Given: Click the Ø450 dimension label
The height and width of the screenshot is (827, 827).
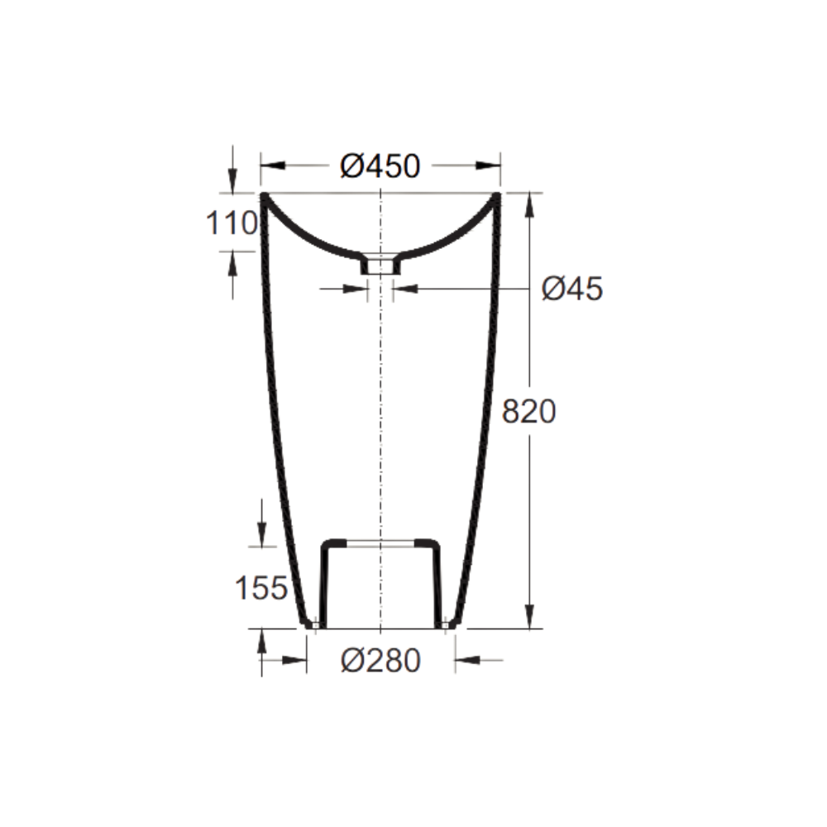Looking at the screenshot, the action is pos(380,166).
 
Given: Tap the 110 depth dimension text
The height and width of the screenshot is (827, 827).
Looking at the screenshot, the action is pos(231,222).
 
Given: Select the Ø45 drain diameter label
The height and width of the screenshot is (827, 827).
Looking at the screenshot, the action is pos(572,289).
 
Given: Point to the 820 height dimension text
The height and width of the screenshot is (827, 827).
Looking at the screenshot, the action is pos(528,411).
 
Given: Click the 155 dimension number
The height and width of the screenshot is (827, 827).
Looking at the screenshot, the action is pos(261,587).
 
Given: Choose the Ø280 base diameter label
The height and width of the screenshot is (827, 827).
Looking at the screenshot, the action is pos(380,660).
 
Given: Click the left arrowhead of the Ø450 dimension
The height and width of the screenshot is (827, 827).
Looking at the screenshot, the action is pos(273,165).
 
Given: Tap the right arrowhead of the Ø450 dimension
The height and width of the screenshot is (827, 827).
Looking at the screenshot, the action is pos(488,165).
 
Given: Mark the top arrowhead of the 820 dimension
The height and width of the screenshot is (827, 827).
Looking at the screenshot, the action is pos(530,206).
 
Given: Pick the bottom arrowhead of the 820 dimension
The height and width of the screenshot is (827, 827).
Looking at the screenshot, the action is pos(530,617).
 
